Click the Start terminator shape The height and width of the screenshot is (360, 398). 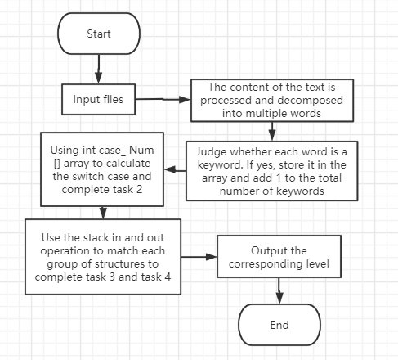(99, 34)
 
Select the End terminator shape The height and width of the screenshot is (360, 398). (279, 325)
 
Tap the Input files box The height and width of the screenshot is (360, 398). (98, 99)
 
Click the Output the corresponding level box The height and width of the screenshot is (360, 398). (279, 257)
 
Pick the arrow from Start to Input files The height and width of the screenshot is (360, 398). (99, 69)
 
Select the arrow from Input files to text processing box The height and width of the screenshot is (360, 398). (163, 99)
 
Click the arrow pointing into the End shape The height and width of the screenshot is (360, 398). (279, 290)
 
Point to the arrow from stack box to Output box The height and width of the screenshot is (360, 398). (199, 257)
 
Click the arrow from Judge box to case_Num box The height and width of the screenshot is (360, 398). (175, 170)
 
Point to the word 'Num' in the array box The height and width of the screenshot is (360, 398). (141, 150)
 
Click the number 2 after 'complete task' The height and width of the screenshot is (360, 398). (139, 189)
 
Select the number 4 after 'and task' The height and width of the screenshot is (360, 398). (168, 277)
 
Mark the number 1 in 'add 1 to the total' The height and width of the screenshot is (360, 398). (279, 178)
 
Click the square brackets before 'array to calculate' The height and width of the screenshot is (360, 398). (57, 164)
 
